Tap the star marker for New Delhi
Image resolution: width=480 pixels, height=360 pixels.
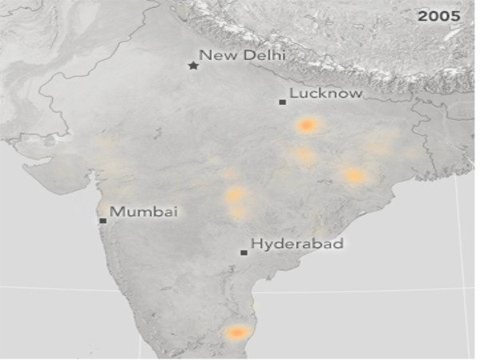point(193,66)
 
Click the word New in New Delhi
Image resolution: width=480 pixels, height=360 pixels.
point(215,55)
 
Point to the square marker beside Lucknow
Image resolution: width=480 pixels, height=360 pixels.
point(282,102)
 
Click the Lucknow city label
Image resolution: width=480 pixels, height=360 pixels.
point(326,94)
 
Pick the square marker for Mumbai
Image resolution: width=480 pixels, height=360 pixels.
point(102,220)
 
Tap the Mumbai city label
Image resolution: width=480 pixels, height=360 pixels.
point(143,212)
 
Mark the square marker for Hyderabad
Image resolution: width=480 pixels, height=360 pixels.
point(244,253)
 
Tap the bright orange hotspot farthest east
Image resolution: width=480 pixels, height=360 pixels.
point(353,175)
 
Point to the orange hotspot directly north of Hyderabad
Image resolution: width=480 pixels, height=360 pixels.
point(235,195)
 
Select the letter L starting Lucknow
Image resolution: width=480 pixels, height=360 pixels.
point(293,94)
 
